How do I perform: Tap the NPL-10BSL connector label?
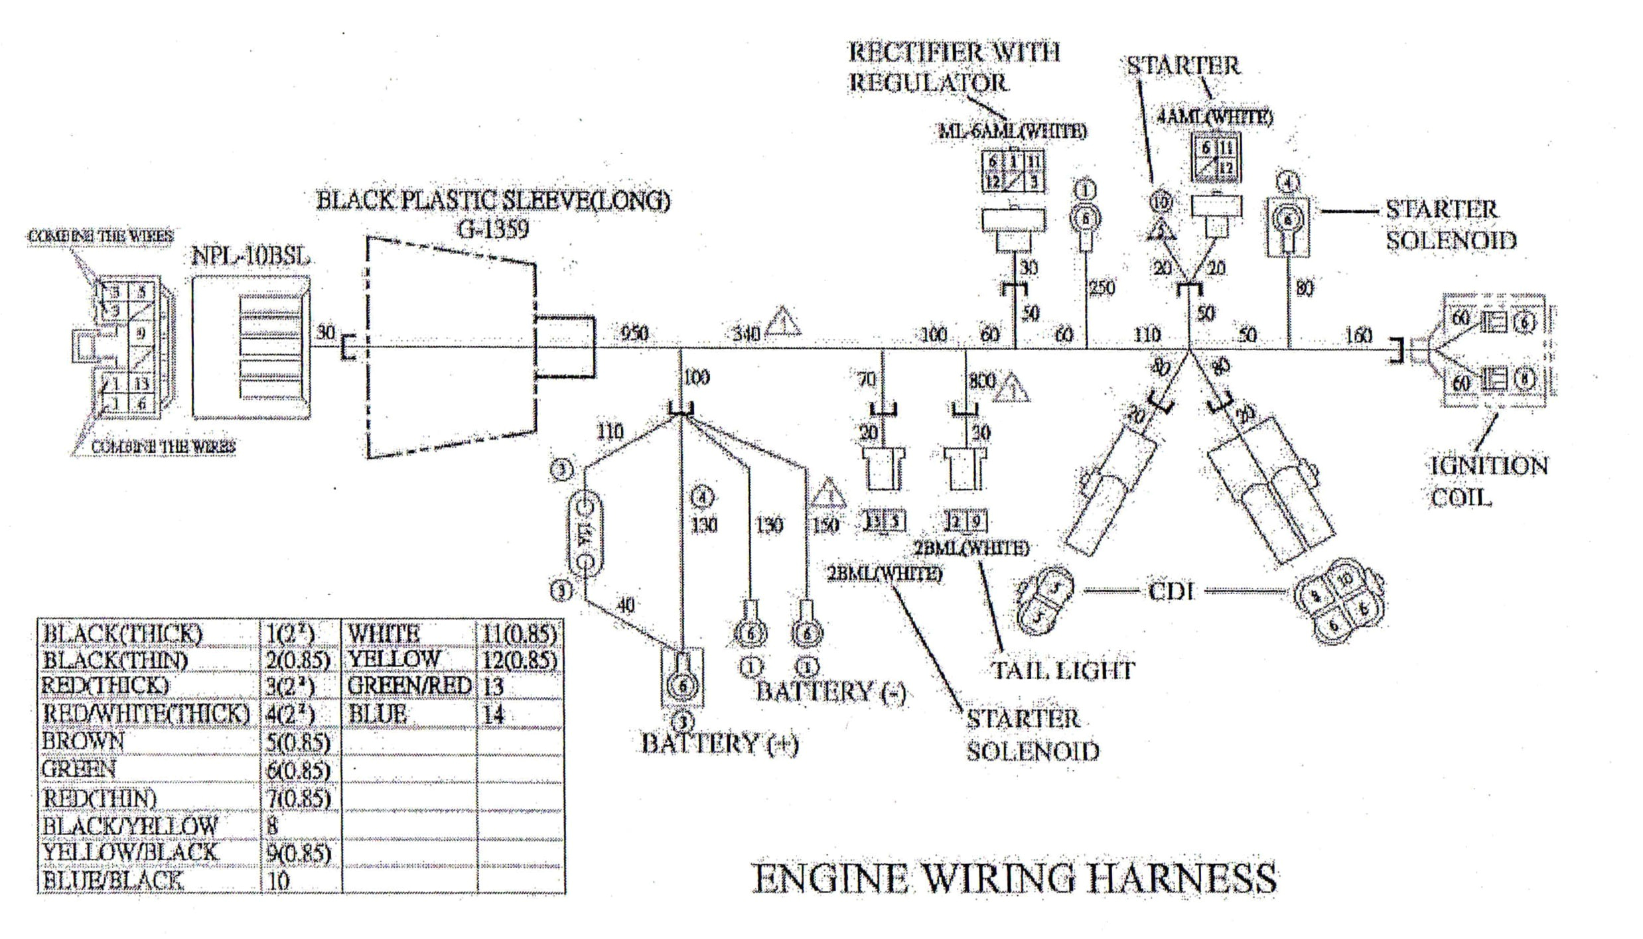pos(250,256)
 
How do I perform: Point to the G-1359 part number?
pos(493,229)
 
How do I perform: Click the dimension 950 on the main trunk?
pos(634,333)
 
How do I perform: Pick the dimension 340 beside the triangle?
pos(746,334)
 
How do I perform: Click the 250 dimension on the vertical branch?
pos(1102,288)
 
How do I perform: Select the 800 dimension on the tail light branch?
pos(981,381)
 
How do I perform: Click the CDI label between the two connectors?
pos(1171,591)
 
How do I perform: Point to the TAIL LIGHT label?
pos(1062,670)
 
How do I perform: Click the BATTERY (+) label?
pos(719,743)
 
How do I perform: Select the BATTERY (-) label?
pos(830,692)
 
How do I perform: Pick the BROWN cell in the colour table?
pos(83,741)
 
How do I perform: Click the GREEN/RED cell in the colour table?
pos(409,686)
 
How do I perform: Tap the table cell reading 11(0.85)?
pos(519,634)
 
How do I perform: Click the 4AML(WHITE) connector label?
pos(1214,117)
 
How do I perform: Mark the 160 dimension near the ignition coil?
pos(1358,335)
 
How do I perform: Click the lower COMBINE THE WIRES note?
pos(163,446)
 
